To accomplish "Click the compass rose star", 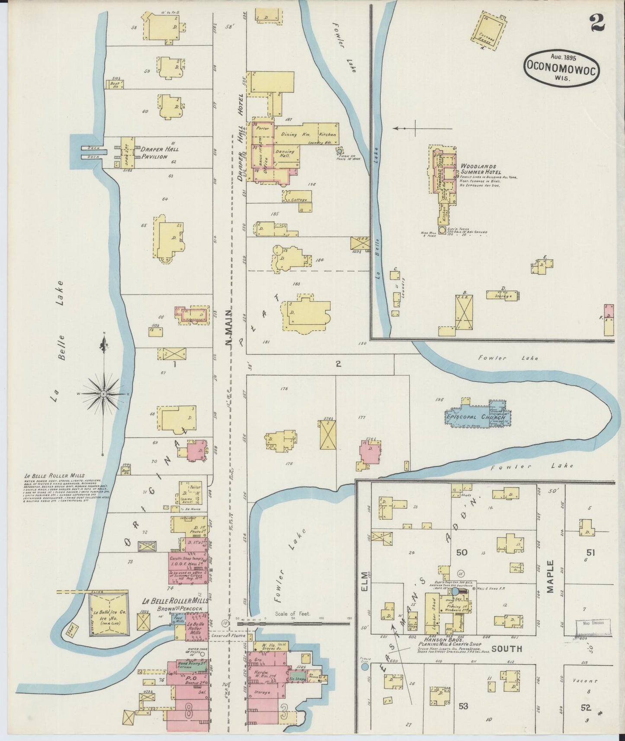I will point(104,394).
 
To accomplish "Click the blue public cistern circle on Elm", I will point(365,667).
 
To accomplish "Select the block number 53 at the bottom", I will point(463,706).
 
